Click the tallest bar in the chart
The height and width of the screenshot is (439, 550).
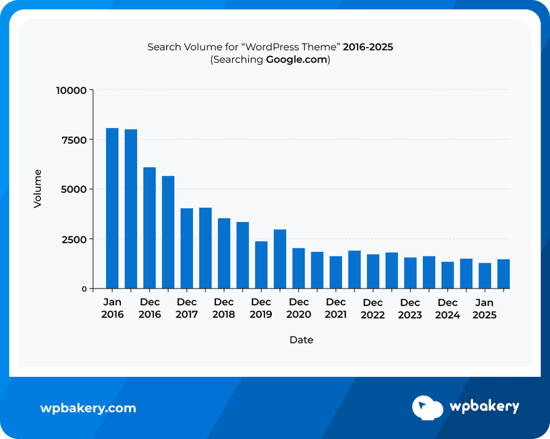112,208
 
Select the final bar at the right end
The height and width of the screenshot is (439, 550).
504,273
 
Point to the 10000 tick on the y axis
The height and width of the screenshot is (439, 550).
71,90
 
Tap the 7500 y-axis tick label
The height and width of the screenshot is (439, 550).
73,139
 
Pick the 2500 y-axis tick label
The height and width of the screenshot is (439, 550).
73,239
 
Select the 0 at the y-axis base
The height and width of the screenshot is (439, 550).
83,288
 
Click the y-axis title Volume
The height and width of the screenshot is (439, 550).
38,189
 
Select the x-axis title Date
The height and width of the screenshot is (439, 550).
301,340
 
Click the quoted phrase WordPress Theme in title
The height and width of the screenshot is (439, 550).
292,47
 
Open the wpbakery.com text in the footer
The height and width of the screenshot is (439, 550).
88,408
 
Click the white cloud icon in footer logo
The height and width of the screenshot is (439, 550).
427,407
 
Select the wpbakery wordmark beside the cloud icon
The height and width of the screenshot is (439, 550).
484,407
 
